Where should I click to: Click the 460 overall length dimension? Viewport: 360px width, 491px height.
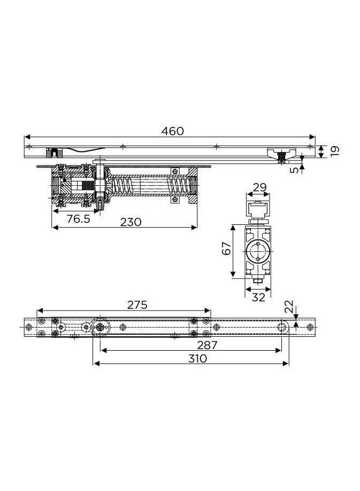(172, 131)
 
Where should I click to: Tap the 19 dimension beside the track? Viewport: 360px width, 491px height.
(335, 150)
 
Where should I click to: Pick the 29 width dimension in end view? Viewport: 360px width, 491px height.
(259, 187)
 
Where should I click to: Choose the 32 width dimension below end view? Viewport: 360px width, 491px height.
(258, 297)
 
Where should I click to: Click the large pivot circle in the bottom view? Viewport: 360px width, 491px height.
(99, 327)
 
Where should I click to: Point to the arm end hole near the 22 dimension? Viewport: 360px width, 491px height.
(282, 327)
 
